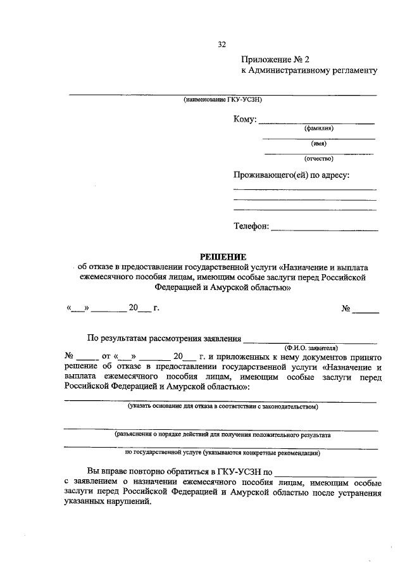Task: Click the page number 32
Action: coord(221,44)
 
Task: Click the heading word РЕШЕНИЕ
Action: coord(222,256)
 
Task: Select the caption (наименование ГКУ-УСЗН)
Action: coord(222,100)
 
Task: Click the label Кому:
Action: coord(244,119)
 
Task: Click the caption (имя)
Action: coord(318,144)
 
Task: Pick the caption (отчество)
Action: coord(318,159)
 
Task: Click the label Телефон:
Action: coord(251,226)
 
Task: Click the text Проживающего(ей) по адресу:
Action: coord(291,175)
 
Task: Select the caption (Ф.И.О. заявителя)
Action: coord(311,348)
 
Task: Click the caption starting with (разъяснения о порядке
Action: coord(222,435)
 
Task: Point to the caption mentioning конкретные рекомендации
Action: coord(222,453)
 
